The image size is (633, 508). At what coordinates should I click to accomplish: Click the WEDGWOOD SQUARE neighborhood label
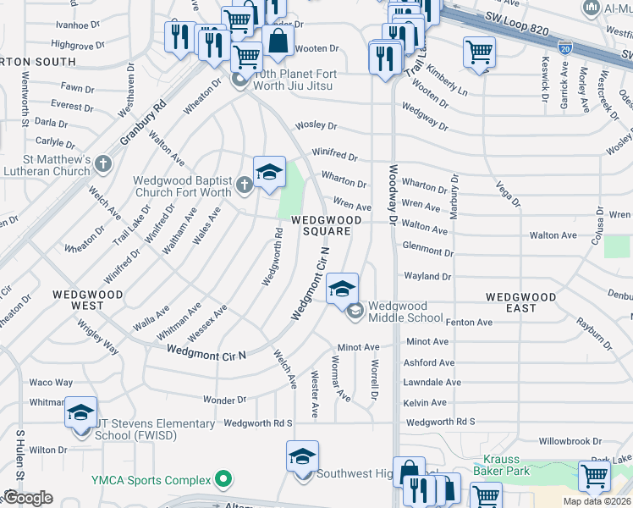(327, 225)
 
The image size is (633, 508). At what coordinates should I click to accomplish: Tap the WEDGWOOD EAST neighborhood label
(520, 302)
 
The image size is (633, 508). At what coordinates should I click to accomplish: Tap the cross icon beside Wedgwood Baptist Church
(245, 185)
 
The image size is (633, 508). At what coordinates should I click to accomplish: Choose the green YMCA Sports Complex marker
(223, 480)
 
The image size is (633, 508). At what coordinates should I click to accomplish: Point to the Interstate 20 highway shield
(564, 48)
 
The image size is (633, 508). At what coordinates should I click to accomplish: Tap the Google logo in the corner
(28, 498)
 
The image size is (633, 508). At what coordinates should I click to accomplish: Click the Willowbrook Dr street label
(570, 441)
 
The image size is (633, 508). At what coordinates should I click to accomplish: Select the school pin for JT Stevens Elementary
(80, 412)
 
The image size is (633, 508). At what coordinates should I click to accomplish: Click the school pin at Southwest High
(302, 456)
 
